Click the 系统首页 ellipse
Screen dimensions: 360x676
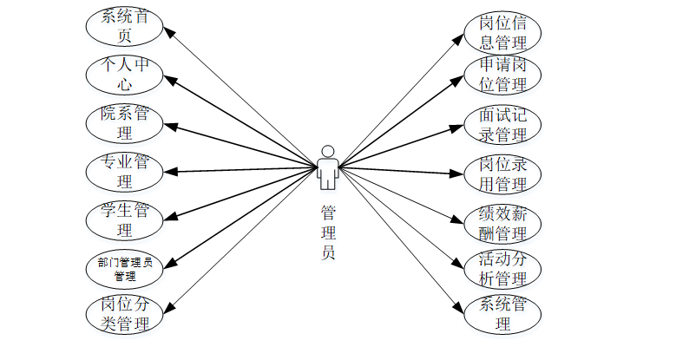124,26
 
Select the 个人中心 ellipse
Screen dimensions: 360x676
124,75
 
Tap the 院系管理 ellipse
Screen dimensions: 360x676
124,123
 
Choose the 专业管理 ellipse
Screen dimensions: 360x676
124,172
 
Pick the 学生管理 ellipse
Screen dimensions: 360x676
124,220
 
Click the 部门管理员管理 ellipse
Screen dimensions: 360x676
124,269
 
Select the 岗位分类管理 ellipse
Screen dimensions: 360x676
124,314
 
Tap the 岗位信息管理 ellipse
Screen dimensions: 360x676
502,32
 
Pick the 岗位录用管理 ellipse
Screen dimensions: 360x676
502,173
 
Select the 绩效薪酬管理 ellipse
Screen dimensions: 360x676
502,223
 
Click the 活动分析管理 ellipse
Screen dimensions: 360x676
502,269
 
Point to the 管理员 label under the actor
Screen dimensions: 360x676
327,232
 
